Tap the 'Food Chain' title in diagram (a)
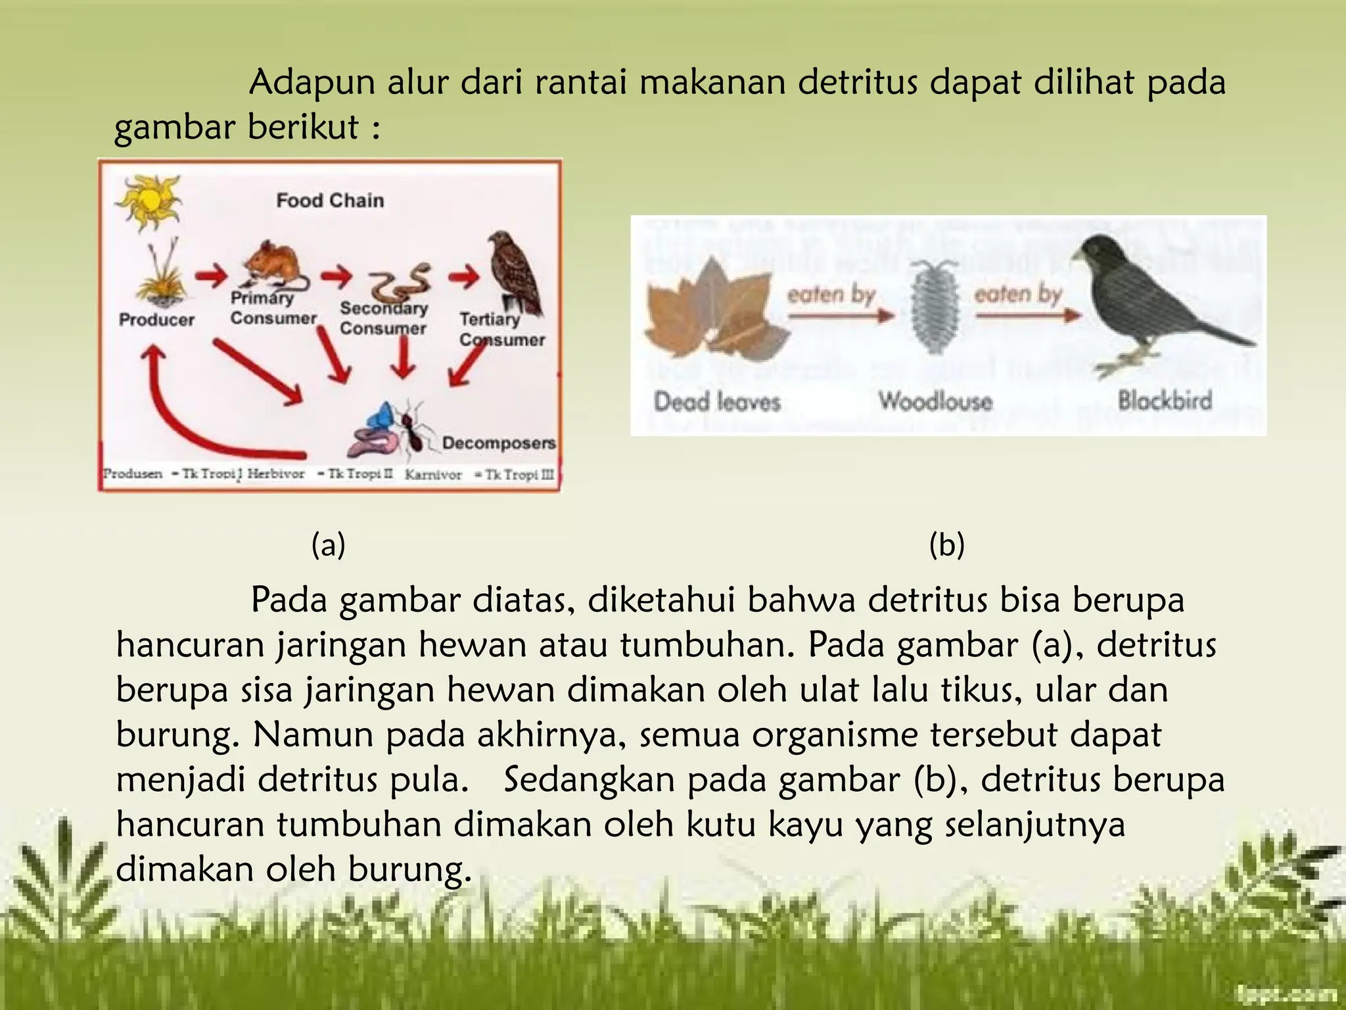[330, 200]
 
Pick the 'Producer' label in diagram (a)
[156, 320]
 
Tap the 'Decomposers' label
[498, 443]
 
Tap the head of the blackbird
[1111, 253]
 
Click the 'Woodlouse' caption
[935, 400]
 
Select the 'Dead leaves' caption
[717, 401]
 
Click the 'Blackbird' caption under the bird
[1165, 400]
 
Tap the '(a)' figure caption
[328, 545]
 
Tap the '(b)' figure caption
[946, 545]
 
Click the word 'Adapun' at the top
[312, 84]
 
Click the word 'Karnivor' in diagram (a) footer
[433, 475]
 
